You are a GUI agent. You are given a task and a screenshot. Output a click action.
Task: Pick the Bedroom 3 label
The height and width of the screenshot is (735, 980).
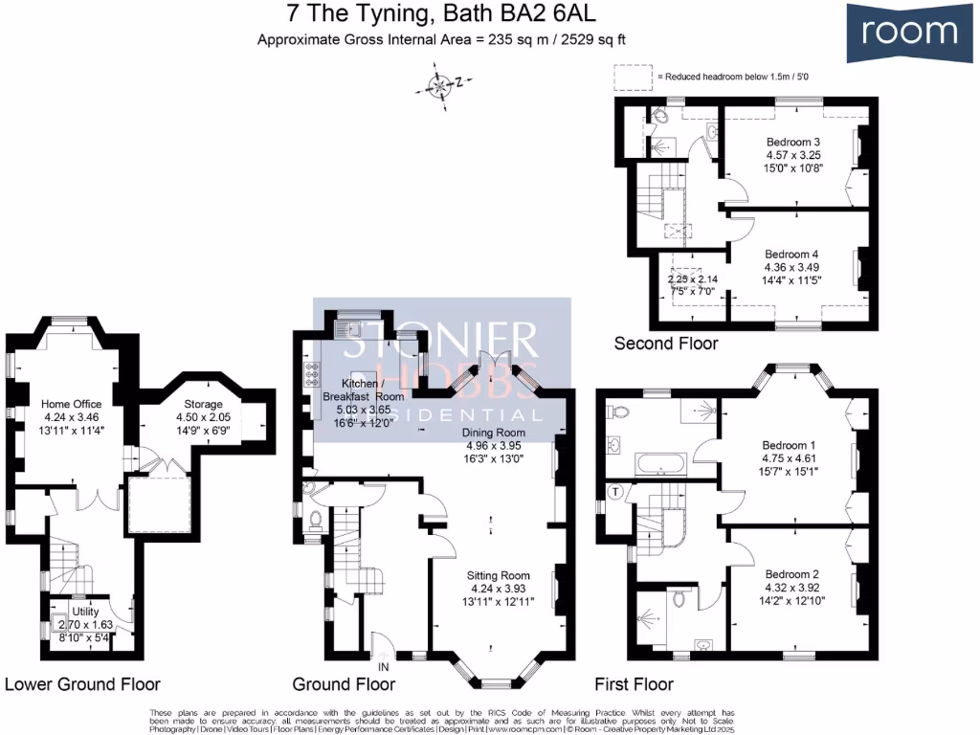pos(794,142)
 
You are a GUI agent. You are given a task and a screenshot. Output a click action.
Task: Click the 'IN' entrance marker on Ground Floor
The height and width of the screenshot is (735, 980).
pos(384,665)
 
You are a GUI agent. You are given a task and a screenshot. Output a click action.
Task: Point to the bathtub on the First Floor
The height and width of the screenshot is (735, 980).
pos(661,467)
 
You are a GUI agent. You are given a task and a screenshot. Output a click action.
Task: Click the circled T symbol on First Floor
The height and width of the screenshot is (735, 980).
pos(615,491)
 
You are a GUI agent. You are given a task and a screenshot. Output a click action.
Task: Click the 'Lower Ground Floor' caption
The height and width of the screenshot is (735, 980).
pos(82,684)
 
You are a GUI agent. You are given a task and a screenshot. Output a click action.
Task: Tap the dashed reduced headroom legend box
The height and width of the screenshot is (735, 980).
pos(631,76)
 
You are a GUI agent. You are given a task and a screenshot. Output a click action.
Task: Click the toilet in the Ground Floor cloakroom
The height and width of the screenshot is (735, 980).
pos(316,522)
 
